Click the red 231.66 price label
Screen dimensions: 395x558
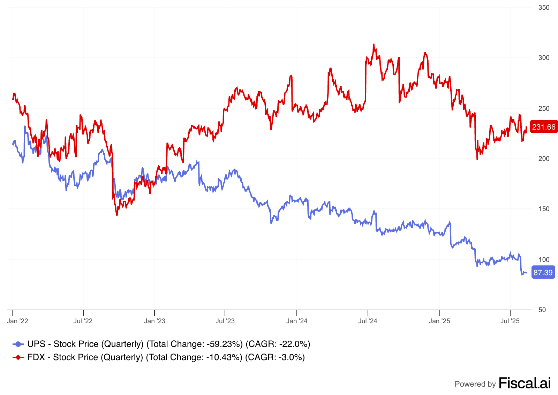click(x=543, y=127)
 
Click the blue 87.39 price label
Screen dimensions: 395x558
click(x=543, y=272)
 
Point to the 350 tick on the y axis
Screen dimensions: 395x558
click(x=544, y=7)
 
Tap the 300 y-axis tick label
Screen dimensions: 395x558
click(x=544, y=57)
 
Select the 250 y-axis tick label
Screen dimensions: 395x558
click(x=544, y=108)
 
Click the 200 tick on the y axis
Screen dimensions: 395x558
click(x=544, y=158)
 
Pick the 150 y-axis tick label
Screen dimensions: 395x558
click(x=544, y=209)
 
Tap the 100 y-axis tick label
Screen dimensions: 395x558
click(x=544, y=259)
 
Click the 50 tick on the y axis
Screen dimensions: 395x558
click(x=542, y=310)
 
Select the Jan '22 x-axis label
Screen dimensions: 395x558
click(x=17, y=321)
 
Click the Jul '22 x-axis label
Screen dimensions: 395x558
click(x=83, y=321)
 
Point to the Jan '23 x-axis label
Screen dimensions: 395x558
click(x=154, y=321)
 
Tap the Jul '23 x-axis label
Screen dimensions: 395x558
click(x=225, y=321)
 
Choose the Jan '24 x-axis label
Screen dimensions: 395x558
click(x=297, y=321)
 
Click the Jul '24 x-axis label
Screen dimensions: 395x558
click(x=368, y=321)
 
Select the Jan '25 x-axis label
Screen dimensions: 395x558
click(x=439, y=321)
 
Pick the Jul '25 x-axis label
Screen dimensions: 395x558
click(x=510, y=321)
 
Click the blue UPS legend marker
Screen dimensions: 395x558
click(x=18, y=344)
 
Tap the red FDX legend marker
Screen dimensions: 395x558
click(x=18, y=357)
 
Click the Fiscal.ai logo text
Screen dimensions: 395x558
click(x=525, y=383)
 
